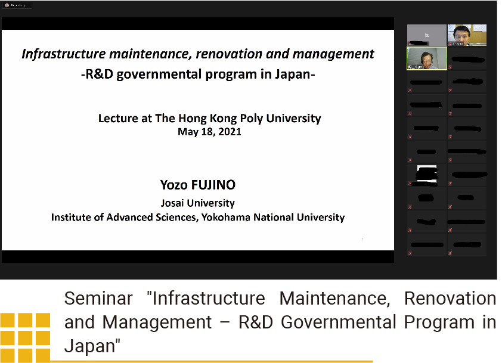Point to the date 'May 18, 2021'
pos(209,132)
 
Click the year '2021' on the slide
pos(230,132)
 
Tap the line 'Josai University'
pos(197,203)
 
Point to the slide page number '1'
pos(362,240)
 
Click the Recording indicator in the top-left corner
pos(17,5)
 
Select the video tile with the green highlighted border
pos(426,58)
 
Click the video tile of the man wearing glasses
pos(467,35)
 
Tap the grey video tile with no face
pos(426,35)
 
